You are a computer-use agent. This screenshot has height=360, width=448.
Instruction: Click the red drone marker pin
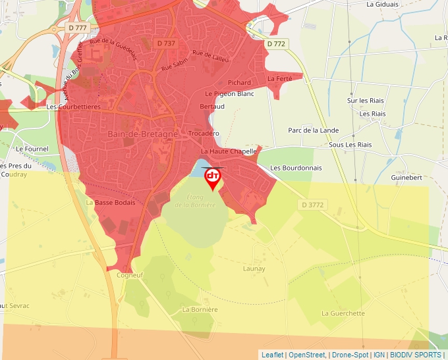pos(213,178)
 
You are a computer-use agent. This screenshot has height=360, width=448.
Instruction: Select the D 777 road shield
pos(78,28)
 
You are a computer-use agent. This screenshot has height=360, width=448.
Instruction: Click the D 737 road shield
pos(167,43)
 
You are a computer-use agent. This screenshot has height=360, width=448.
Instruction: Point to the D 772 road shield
pos(277,43)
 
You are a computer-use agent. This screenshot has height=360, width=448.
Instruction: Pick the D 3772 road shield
pos(313,205)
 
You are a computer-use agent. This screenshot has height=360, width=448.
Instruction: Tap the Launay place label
pos(254,269)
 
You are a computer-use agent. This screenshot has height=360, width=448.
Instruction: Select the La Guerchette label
pos(343,313)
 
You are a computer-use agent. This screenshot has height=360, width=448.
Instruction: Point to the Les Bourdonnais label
pos(296,168)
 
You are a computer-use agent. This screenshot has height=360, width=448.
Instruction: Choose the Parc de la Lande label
pos(313,130)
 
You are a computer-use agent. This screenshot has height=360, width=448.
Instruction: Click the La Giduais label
pos(383,4)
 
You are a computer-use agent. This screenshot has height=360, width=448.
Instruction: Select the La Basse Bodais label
pos(111,203)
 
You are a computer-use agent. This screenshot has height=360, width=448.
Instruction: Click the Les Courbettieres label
pos(73,106)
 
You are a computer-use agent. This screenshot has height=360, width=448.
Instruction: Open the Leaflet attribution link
pos(272,355)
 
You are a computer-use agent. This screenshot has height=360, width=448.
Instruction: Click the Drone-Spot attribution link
pos(349,355)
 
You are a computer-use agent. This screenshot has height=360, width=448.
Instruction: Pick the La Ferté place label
pos(280,79)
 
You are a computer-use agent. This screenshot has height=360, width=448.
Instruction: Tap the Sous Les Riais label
pos(350,145)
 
